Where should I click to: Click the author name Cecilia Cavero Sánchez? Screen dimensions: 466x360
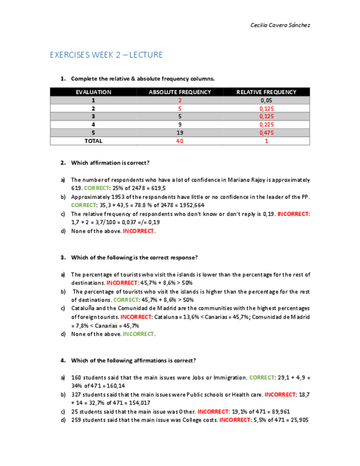(280, 25)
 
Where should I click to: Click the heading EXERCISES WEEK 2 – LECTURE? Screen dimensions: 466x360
(106, 55)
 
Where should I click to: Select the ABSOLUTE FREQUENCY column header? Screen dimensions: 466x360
(180, 92)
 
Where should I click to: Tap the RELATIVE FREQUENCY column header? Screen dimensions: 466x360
(266, 92)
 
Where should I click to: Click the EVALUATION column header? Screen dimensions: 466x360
(93, 92)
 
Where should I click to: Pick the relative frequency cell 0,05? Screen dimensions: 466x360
(266, 101)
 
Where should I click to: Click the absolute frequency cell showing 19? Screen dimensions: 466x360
(180, 133)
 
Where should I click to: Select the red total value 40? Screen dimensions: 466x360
(180, 141)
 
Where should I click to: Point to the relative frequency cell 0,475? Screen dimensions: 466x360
(266, 133)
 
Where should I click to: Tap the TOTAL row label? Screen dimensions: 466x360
(93, 141)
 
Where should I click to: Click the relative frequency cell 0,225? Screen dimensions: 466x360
(266, 125)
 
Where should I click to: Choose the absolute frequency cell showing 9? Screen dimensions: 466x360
(180, 125)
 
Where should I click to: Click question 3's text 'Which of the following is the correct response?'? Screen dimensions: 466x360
(135, 257)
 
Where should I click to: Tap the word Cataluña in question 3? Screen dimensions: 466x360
(84, 308)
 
